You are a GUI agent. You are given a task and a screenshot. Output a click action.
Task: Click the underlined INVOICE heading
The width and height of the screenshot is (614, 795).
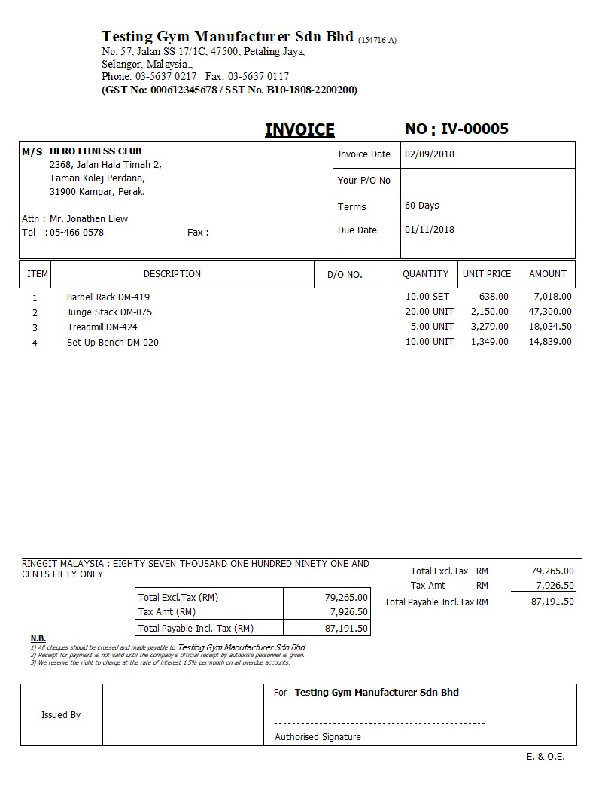[299, 130]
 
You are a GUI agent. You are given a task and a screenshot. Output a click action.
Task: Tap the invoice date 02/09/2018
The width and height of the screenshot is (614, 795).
[430, 154]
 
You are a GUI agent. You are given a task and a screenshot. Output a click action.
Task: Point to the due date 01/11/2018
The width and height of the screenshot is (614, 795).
[430, 230]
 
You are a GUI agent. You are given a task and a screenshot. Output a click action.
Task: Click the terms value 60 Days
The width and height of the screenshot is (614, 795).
[421, 206]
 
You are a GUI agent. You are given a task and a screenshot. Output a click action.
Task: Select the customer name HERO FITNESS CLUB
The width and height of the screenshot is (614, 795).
[96, 151]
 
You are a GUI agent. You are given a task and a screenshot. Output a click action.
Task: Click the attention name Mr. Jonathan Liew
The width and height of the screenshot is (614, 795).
[89, 219]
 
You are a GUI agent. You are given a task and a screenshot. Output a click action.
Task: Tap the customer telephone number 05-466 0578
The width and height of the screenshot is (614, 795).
[77, 233]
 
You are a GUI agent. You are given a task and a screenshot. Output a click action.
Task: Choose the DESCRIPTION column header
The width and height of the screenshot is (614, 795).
[172, 274]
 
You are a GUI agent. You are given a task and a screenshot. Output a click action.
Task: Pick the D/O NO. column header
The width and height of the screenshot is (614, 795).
[345, 275]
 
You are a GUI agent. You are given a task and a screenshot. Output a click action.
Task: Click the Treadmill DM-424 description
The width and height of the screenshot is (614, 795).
[102, 327]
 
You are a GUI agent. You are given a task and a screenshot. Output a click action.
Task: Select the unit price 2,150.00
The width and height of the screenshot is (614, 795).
[490, 312]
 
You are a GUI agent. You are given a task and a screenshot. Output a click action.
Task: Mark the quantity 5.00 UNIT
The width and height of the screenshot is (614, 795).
[432, 327]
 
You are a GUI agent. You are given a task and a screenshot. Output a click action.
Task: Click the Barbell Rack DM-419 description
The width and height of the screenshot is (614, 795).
[108, 297]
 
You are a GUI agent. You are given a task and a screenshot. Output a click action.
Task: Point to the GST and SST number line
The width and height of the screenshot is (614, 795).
[229, 90]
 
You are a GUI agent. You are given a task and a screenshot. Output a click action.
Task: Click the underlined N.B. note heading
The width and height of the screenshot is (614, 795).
[38, 639]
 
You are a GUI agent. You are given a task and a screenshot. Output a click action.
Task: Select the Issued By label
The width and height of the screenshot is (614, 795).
[61, 715]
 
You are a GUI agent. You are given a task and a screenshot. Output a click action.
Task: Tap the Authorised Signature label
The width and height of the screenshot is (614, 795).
[318, 737]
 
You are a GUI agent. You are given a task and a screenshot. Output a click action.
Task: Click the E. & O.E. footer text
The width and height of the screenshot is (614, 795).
[546, 757]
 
